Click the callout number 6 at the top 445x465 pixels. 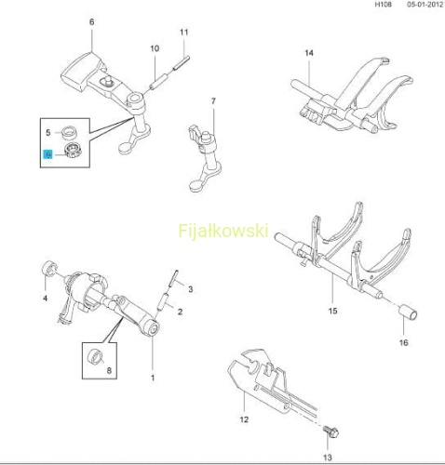tap(91, 22)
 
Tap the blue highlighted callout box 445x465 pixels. tap(48, 153)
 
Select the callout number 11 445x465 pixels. tap(184, 33)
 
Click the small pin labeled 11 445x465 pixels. tap(182, 62)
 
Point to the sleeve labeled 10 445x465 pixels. tap(158, 80)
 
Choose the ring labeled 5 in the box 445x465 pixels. tap(69, 132)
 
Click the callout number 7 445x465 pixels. tap(213, 101)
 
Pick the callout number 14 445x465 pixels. tap(309, 53)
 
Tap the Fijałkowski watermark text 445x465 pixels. tap(223, 232)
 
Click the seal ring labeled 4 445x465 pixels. tap(49, 268)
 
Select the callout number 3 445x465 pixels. tap(191, 289)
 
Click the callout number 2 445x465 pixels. tap(180, 312)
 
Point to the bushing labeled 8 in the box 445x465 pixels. tap(95, 357)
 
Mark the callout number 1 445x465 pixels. tap(153, 378)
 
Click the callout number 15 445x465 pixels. tap(332, 311)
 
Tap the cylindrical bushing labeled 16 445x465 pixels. tap(408, 312)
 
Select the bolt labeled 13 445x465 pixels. tap(330, 432)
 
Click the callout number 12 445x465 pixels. tap(244, 419)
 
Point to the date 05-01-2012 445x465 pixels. tap(425, 5)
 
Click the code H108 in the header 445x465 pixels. tap(384, 5)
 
